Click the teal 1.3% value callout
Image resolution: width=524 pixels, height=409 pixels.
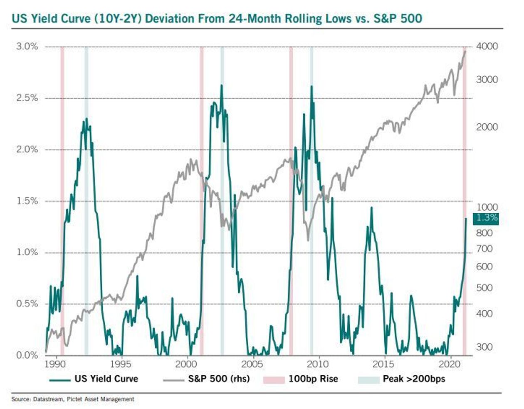(486, 218)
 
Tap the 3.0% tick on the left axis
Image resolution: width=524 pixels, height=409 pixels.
(27, 46)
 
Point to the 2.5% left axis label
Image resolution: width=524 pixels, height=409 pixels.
(27, 98)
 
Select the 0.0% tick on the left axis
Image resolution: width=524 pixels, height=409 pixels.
(27, 355)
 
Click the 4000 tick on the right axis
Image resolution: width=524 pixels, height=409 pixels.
(487, 46)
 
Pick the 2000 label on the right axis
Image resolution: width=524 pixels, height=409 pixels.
(487, 127)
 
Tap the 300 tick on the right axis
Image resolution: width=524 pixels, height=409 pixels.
(484, 347)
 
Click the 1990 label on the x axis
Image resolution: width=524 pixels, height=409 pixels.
(55, 364)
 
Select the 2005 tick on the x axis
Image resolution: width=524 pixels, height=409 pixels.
(252, 364)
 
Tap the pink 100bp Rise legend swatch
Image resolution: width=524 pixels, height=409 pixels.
(274, 379)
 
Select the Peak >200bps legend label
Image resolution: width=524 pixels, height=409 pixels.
(414, 379)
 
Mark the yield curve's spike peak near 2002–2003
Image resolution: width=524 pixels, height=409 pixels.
(222, 85)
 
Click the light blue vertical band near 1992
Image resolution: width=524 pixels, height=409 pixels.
(87, 200)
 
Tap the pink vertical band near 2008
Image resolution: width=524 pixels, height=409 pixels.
(291, 200)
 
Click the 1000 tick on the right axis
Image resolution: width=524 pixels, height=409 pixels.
(487, 207)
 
